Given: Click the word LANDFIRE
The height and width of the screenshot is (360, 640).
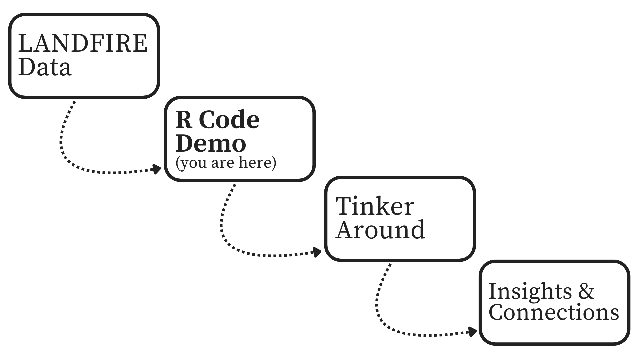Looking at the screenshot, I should click(83, 44).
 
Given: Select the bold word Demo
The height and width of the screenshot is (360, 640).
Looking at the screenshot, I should click(210, 144).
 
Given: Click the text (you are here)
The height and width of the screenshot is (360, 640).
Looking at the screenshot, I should click(226, 163).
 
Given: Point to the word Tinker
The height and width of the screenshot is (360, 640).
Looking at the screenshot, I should click(375, 206).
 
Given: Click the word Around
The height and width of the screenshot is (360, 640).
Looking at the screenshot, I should click(380, 230).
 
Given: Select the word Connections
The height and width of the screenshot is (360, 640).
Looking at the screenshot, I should click(554, 312).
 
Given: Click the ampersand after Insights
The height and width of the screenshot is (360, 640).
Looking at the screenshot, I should click(586, 291).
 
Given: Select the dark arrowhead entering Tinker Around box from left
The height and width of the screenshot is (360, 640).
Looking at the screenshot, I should click(316, 252).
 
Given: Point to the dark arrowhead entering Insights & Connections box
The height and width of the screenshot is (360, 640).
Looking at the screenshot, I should click(472, 332).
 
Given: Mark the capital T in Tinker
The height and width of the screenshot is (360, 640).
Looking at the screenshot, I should click(345, 206).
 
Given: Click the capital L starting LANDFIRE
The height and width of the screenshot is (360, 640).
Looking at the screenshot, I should click(25, 44).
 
